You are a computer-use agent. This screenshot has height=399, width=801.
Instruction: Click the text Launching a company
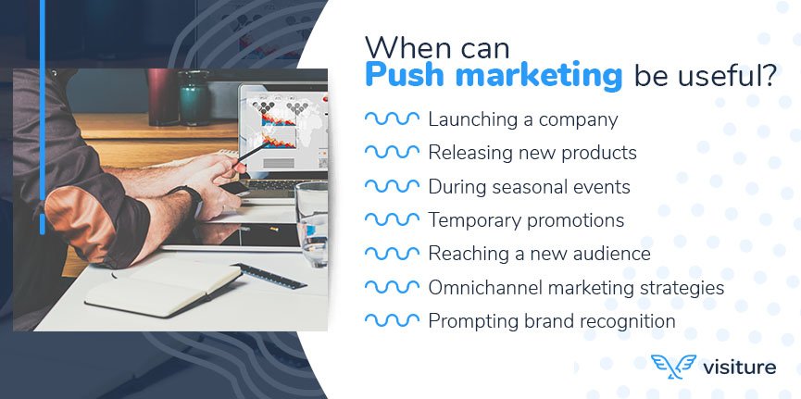(x=522, y=119)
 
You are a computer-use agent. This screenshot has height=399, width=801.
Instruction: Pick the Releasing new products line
(x=532, y=153)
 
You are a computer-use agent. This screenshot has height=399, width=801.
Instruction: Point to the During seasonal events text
(x=529, y=187)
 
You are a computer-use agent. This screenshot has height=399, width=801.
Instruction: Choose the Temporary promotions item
(x=526, y=220)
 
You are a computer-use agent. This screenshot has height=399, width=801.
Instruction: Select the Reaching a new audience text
(x=539, y=254)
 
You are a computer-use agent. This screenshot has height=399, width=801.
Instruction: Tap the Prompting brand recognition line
(x=551, y=321)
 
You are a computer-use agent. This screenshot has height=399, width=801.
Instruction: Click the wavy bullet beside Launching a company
(x=392, y=119)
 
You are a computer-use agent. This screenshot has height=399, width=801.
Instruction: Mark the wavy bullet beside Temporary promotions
(x=392, y=220)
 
